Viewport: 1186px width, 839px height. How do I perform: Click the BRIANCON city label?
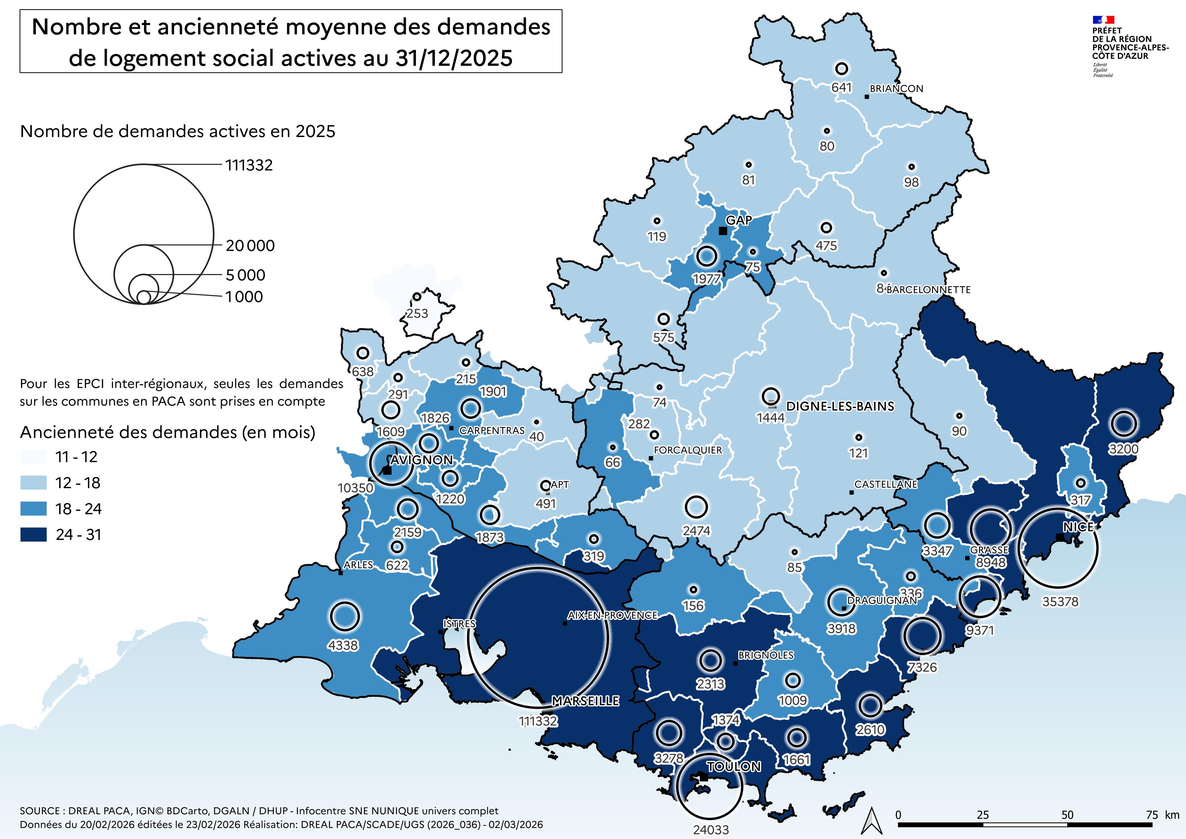point(896,88)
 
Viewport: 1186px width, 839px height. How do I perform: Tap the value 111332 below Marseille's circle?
point(538,721)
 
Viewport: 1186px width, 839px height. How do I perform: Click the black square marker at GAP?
point(723,231)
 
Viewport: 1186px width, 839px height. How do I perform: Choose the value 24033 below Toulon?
point(711,830)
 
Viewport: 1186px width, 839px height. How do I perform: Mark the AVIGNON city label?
point(421,460)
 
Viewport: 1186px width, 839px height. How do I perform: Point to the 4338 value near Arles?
point(343,645)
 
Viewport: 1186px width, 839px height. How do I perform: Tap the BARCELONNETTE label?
point(928,290)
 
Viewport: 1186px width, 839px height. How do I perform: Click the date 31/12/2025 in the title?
point(454,58)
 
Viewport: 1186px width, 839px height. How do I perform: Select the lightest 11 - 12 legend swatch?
point(33,457)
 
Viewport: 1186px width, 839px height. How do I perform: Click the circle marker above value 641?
point(841,68)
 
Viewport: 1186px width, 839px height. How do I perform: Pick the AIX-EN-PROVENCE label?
point(612,615)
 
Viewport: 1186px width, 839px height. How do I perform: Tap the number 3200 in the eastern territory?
point(1123,449)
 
